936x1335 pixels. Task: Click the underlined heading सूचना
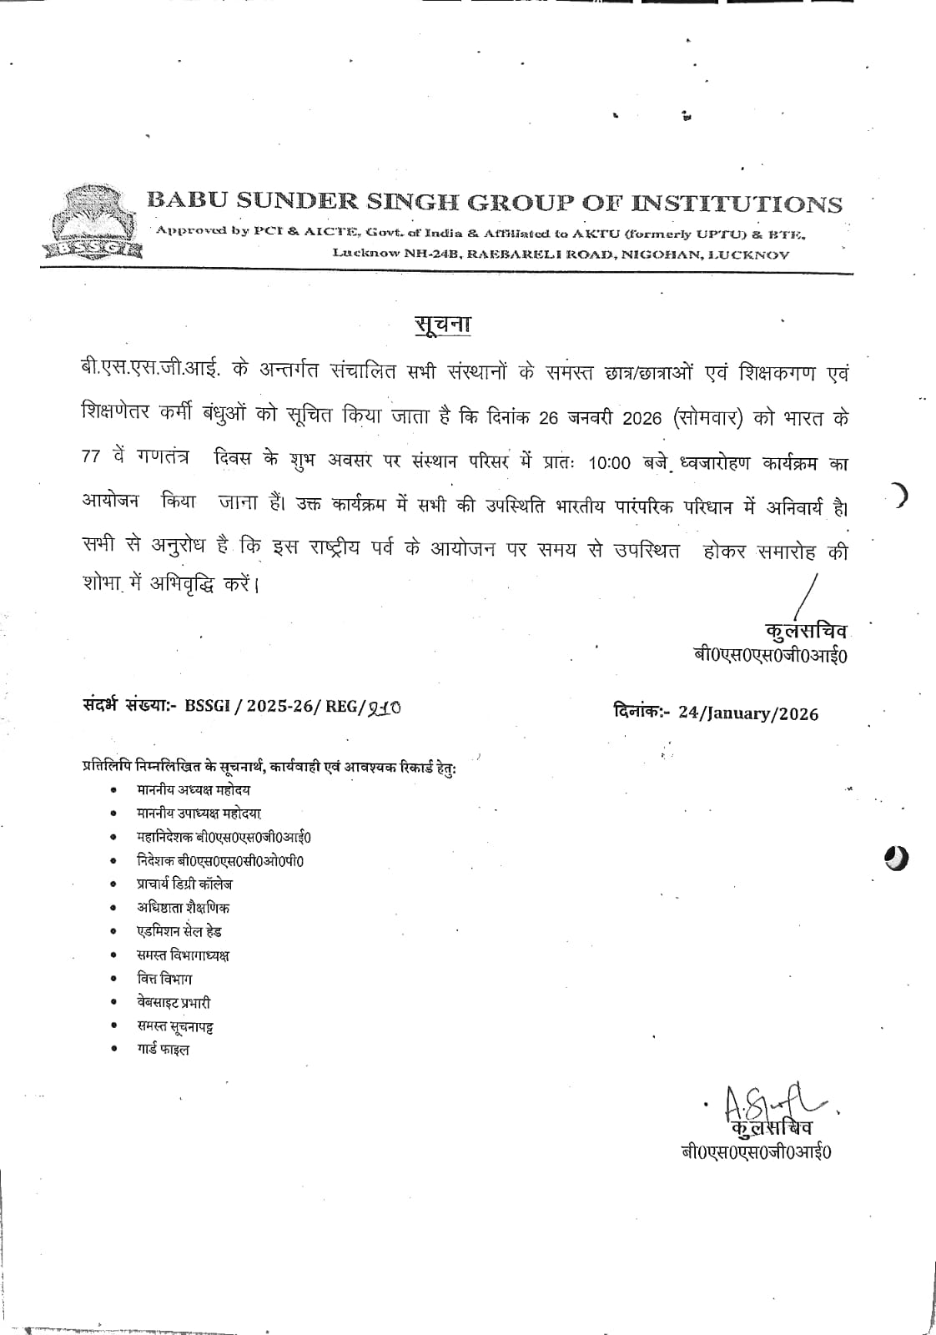tap(442, 324)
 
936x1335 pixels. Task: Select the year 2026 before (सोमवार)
tap(642, 418)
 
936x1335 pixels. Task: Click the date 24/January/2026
tap(748, 713)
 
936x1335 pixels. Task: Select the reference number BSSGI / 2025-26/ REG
tap(275, 707)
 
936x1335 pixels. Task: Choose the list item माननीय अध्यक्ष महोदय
tap(194, 789)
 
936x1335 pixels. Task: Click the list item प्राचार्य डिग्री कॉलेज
tap(184, 884)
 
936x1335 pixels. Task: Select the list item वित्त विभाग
tap(164, 979)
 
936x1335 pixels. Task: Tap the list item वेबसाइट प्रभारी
tap(174, 1002)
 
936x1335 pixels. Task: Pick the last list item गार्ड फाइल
tap(163, 1050)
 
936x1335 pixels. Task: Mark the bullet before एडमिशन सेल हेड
tap(113, 931)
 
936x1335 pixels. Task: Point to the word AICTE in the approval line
tap(330, 232)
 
